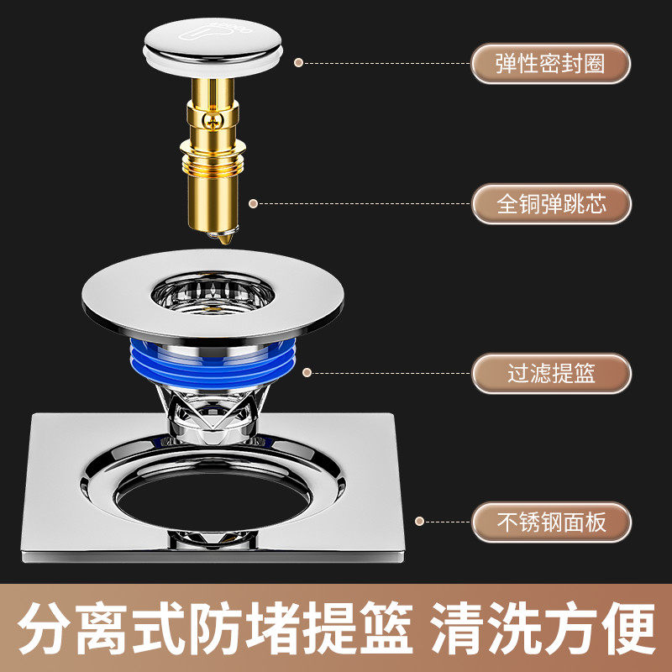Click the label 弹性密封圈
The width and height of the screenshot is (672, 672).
(550, 64)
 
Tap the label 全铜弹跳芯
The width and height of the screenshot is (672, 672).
(550, 204)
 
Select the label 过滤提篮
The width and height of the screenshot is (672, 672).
(550, 374)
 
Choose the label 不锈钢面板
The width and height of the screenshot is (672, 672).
(550, 522)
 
